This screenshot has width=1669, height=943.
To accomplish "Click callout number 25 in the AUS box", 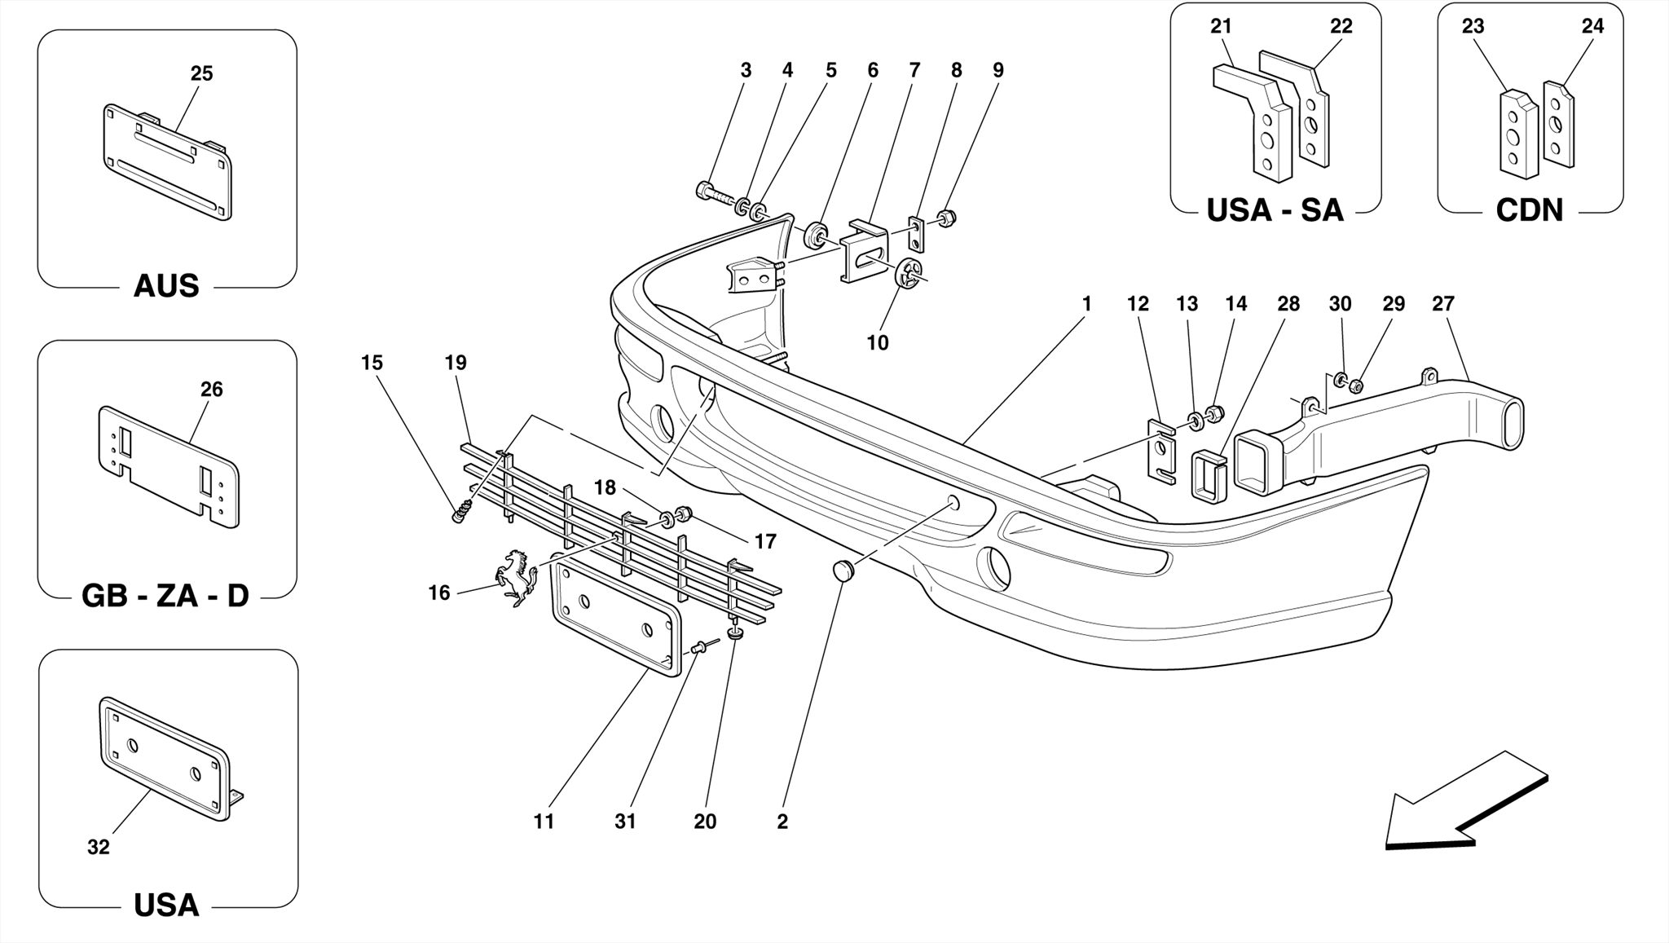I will (201, 73).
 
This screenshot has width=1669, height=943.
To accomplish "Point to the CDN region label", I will (1529, 210).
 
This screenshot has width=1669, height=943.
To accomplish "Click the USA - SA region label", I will (1275, 210).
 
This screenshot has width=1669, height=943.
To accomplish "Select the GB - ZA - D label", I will (165, 596).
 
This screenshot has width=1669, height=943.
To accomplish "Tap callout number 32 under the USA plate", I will (98, 847).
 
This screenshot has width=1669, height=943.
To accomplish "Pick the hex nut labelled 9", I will (946, 218).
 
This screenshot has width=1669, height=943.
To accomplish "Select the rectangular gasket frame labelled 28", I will (1209, 478).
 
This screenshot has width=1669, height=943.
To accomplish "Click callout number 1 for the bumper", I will (1086, 303).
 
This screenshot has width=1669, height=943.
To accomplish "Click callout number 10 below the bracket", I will (877, 342).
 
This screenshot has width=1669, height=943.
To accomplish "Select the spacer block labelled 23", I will (1517, 135).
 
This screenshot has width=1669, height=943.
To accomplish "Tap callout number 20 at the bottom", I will (705, 822).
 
